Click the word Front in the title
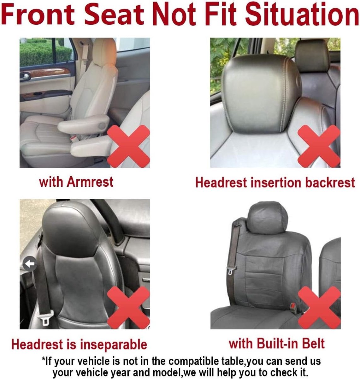(38, 14)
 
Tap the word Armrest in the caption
(90, 182)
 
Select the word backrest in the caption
(330, 183)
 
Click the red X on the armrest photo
(128, 146)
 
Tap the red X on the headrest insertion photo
(319, 146)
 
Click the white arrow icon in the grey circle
(30, 264)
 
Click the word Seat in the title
(114, 14)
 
